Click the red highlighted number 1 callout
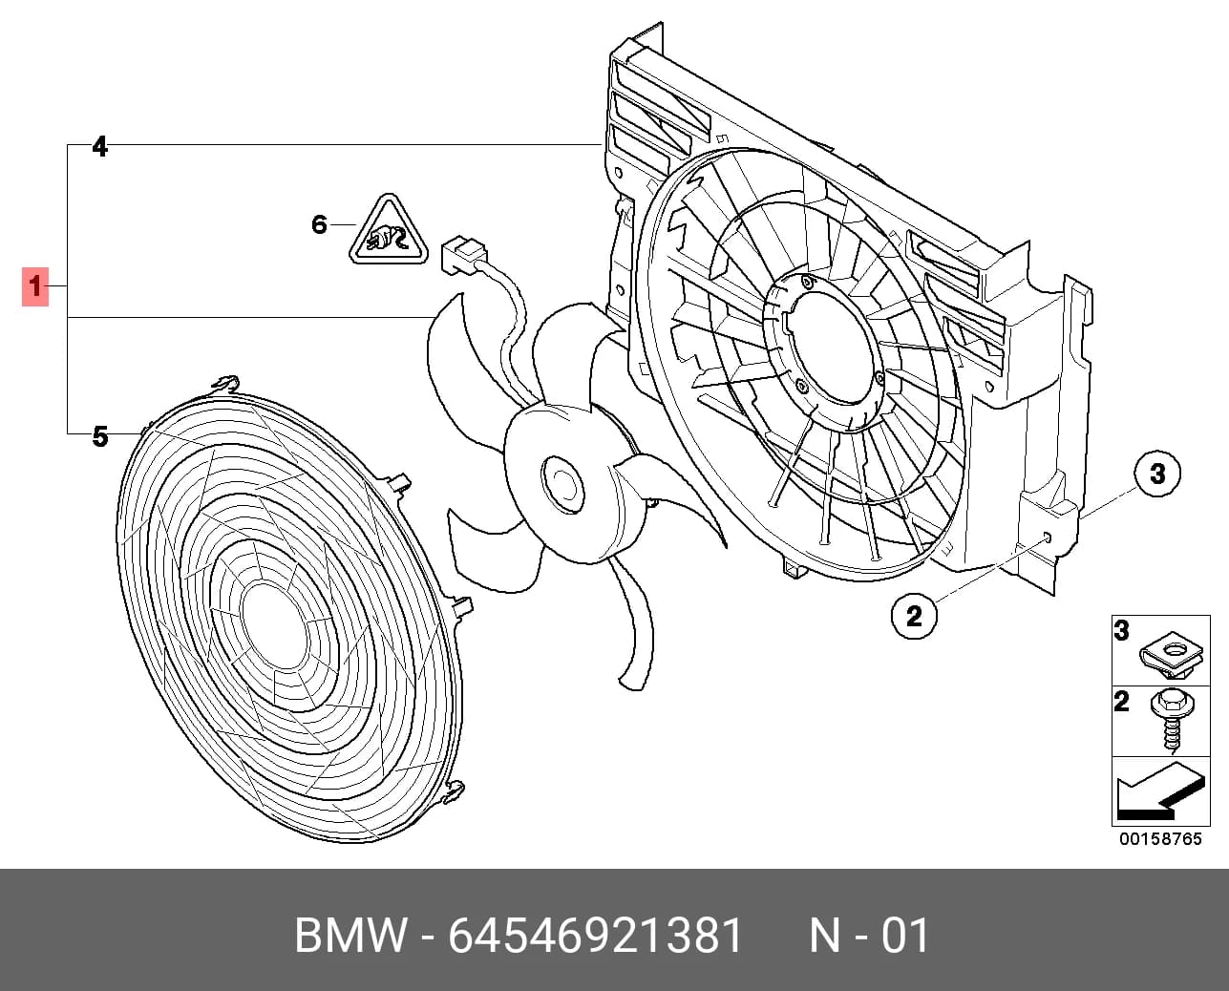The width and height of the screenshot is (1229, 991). click(x=35, y=286)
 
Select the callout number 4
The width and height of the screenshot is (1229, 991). click(x=100, y=147)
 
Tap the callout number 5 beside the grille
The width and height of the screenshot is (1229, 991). click(x=100, y=436)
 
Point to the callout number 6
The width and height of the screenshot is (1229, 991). click(x=319, y=224)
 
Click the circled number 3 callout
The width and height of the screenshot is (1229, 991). click(x=1157, y=474)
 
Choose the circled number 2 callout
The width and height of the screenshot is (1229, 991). click(x=914, y=617)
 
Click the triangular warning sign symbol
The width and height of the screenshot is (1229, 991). click(x=389, y=230)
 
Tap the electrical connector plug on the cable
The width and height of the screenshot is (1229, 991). click(x=463, y=254)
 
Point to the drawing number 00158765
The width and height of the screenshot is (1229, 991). click(x=1160, y=839)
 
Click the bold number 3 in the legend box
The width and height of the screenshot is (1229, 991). click(x=1122, y=631)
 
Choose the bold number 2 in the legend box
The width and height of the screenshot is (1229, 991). click(x=1122, y=702)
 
